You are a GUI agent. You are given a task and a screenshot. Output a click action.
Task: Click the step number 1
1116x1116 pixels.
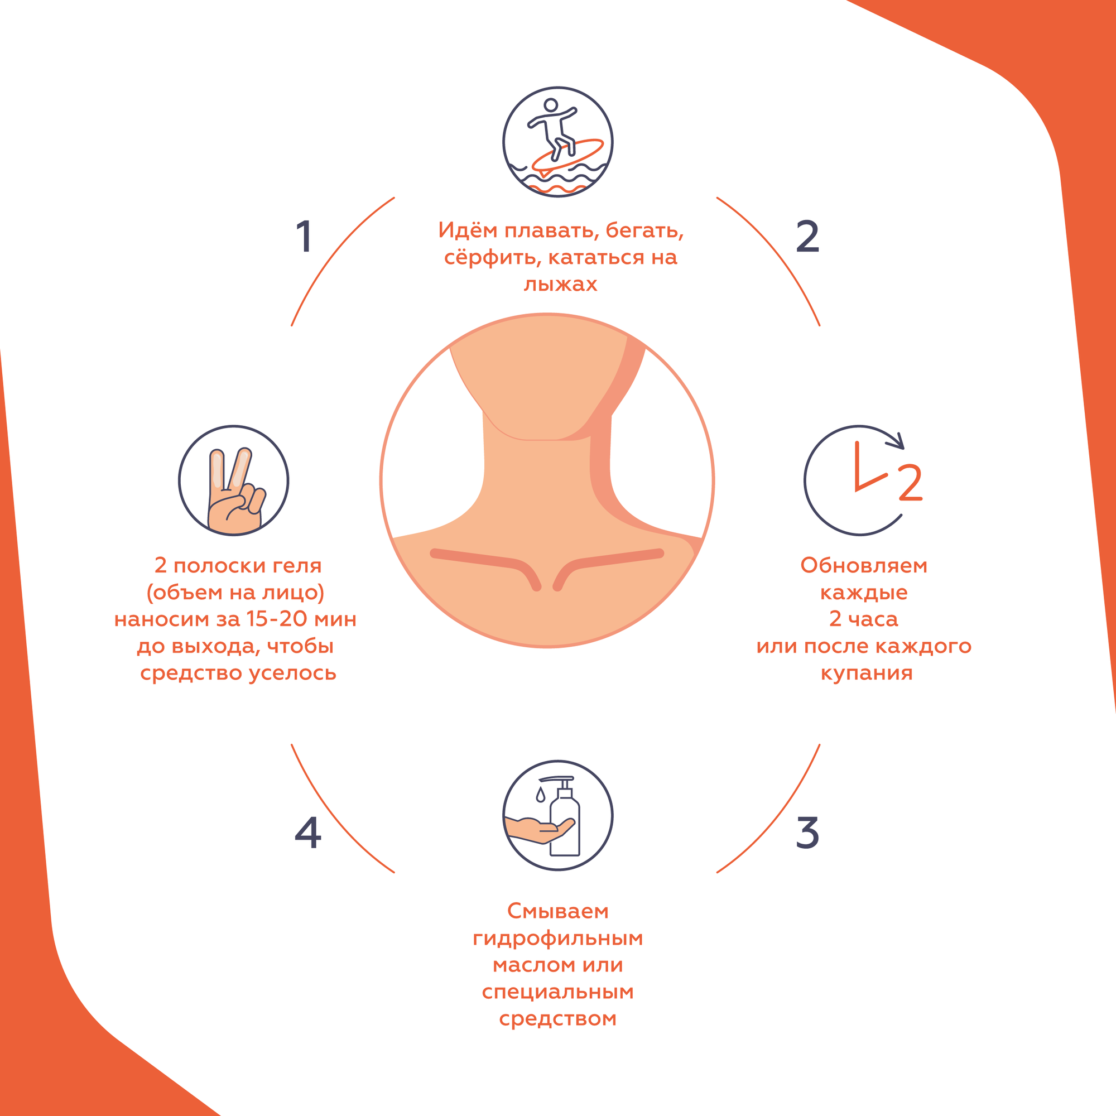(x=305, y=236)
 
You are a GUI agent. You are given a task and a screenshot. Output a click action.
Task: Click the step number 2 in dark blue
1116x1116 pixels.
(x=807, y=236)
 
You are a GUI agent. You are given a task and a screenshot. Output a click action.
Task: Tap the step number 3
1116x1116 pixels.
(x=807, y=833)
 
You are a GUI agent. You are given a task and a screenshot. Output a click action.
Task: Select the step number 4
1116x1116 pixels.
(x=307, y=833)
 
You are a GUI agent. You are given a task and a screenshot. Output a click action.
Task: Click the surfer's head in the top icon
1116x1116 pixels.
(x=551, y=105)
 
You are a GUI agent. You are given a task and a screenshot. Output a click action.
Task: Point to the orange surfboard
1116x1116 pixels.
(x=568, y=154)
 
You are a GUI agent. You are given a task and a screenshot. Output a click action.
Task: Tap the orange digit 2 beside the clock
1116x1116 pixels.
(x=910, y=483)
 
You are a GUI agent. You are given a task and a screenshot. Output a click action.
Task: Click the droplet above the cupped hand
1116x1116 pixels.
(x=540, y=795)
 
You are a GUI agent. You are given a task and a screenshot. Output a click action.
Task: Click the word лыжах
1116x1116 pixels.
(x=560, y=283)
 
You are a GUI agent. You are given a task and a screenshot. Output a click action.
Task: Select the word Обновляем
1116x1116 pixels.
(x=864, y=565)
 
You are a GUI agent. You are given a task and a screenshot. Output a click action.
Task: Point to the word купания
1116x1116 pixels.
(x=867, y=672)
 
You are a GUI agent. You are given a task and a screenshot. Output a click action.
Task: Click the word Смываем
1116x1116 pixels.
(x=557, y=911)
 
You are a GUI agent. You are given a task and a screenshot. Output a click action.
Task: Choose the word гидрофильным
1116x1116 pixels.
(x=557, y=938)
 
